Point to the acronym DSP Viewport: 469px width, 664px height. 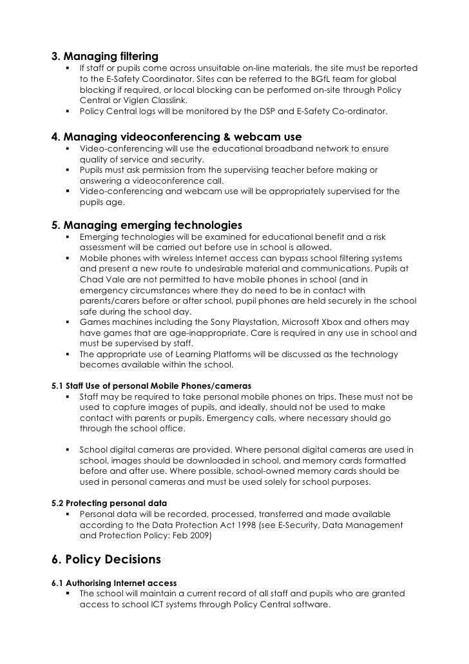pos(266,112)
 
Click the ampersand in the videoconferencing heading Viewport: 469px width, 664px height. pos(225,137)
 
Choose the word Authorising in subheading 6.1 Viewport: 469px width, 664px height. pos(91,582)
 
